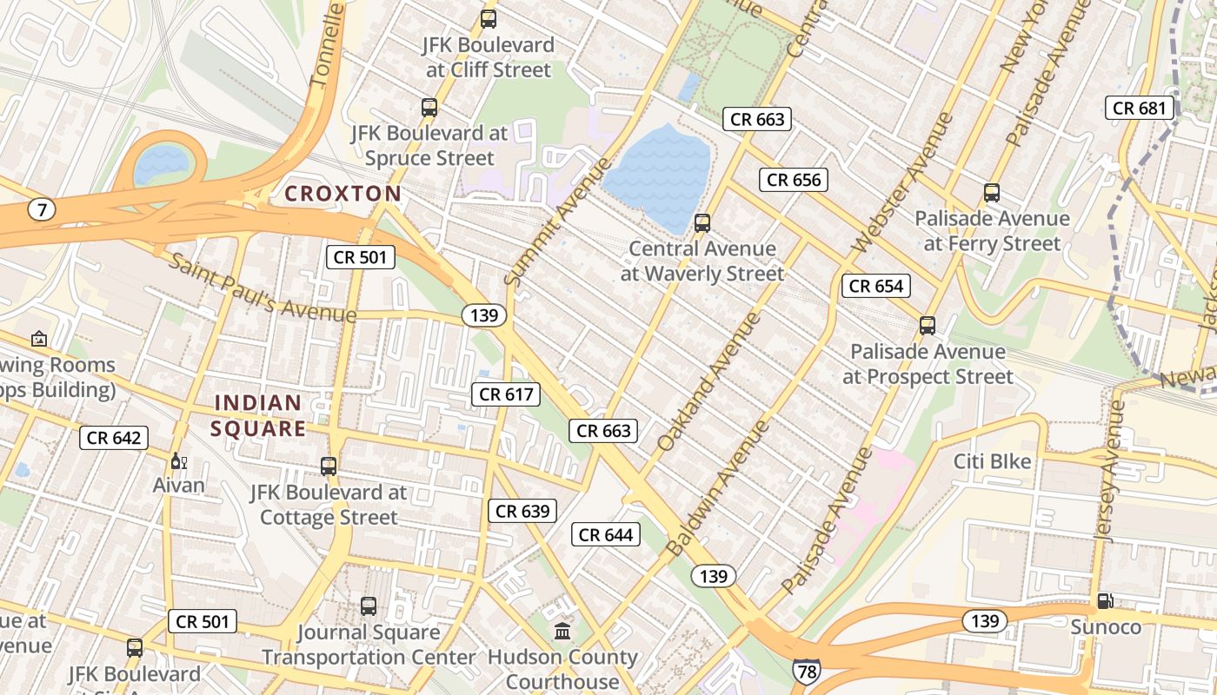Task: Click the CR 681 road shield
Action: tap(1140, 108)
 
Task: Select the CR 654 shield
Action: tap(876, 286)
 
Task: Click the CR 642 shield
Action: tap(114, 438)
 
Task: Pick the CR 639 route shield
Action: tap(522, 511)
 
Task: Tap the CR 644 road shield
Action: tap(606, 534)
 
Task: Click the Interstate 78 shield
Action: tap(806, 670)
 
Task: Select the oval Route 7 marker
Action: tap(41, 209)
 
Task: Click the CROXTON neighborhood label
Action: tap(343, 194)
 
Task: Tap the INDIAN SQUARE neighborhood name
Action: tap(258, 415)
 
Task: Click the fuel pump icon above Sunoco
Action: tap(1105, 600)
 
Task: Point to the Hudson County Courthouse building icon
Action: tap(562, 631)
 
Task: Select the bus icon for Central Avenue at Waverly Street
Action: tap(702, 223)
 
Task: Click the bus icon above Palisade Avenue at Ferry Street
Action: tap(992, 193)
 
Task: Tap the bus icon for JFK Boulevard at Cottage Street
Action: tap(328, 467)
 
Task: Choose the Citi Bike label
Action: tap(992, 461)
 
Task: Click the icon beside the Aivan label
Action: tap(178, 460)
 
